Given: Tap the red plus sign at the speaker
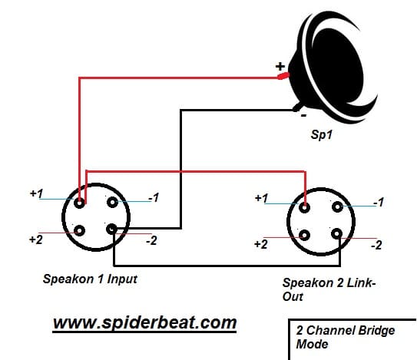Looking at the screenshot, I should (x=280, y=67).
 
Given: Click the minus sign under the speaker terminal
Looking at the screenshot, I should (x=303, y=116).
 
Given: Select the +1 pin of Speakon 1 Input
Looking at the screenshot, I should (x=80, y=203).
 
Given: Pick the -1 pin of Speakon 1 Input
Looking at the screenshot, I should (x=112, y=203).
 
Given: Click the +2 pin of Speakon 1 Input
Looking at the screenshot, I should (x=80, y=230).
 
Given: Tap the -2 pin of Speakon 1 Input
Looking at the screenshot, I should (x=112, y=230).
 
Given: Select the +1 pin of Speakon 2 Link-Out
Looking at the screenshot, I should (x=305, y=206).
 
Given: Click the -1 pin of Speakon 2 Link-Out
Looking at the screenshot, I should (x=336, y=206).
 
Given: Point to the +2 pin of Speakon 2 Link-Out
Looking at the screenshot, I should (x=305, y=234).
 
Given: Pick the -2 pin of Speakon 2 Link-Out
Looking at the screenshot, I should (x=336, y=234).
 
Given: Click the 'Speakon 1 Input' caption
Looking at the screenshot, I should (x=90, y=279).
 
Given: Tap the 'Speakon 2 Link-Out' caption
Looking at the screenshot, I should (x=329, y=289).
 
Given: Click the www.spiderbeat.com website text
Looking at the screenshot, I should (x=144, y=322).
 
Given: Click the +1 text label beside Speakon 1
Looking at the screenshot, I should (x=35, y=194).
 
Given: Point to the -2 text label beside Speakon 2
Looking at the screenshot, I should (x=376, y=246).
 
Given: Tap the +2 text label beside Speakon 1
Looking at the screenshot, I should (x=35, y=240).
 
